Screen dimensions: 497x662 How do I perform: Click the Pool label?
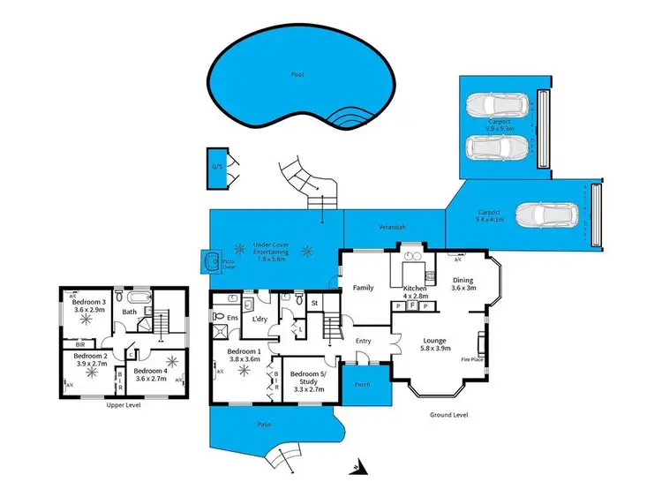click(x=297, y=74)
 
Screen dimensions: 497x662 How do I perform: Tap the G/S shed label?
click(x=215, y=166)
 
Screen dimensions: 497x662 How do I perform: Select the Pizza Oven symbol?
click(x=212, y=261)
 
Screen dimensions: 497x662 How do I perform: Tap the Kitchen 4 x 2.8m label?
click(x=415, y=293)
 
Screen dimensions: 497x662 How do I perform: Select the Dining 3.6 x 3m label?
click(x=463, y=284)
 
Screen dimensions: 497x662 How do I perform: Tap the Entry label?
click(x=363, y=341)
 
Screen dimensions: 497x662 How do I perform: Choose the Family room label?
click(x=364, y=288)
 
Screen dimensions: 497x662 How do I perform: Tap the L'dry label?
click(x=260, y=318)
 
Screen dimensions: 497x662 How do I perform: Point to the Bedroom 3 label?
click(x=89, y=306)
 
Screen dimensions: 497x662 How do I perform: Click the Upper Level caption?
click(x=123, y=405)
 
